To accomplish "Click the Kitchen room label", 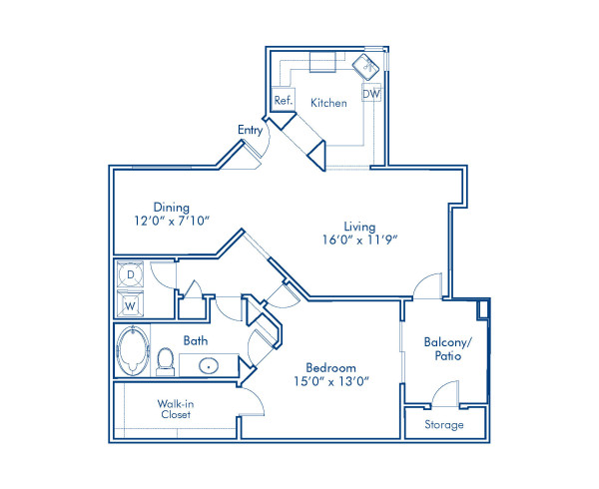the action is click(328, 103).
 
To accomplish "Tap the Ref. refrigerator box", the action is click(284, 100).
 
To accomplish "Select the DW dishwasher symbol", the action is click(371, 93).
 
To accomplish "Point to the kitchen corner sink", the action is click(365, 67).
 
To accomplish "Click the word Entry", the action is click(250, 130).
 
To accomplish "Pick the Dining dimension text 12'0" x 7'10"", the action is click(172, 221).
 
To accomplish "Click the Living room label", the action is click(359, 227).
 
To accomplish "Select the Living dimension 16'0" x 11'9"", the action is click(359, 240).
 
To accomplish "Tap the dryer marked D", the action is click(130, 274).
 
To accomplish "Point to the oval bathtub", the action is click(133, 351).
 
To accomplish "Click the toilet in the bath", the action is click(166, 361).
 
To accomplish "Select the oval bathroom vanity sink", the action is click(209, 366).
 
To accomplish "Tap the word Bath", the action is click(196, 340).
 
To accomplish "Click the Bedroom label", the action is click(330, 368).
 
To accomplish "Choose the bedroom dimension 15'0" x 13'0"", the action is click(330, 381).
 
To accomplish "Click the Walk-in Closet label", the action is click(176, 409).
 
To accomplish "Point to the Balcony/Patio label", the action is click(447, 349).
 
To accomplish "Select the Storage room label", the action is click(444, 424).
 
